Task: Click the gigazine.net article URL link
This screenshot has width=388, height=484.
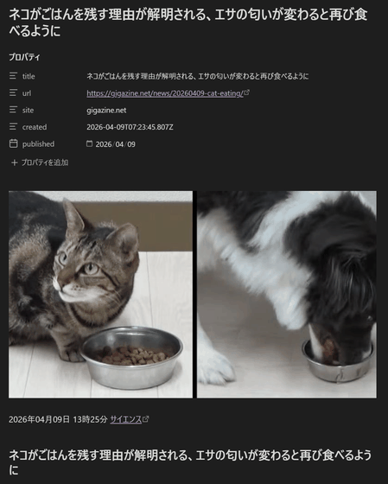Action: pos(165,93)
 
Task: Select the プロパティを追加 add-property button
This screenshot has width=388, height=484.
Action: pos(40,162)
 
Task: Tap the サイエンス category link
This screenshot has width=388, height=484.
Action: pos(126,419)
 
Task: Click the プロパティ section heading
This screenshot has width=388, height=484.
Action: pos(24,57)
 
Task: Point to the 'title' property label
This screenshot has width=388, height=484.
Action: pos(29,76)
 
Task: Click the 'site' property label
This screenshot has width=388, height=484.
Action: pos(28,111)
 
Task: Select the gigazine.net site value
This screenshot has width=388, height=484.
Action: pos(106,111)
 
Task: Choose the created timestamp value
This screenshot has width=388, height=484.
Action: pos(130,127)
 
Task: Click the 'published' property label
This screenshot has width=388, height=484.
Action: pos(38,144)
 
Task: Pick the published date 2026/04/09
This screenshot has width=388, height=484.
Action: pos(116,144)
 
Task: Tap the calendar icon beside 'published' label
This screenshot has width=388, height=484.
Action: pos(13,143)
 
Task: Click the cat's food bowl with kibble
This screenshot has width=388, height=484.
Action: pos(132,358)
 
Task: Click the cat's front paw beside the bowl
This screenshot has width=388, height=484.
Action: pos(72,354)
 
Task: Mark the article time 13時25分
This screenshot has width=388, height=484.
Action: pos(90,419)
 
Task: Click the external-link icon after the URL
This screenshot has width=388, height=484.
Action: pos(246,92)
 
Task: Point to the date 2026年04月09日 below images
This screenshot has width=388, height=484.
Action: pos(39,419)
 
